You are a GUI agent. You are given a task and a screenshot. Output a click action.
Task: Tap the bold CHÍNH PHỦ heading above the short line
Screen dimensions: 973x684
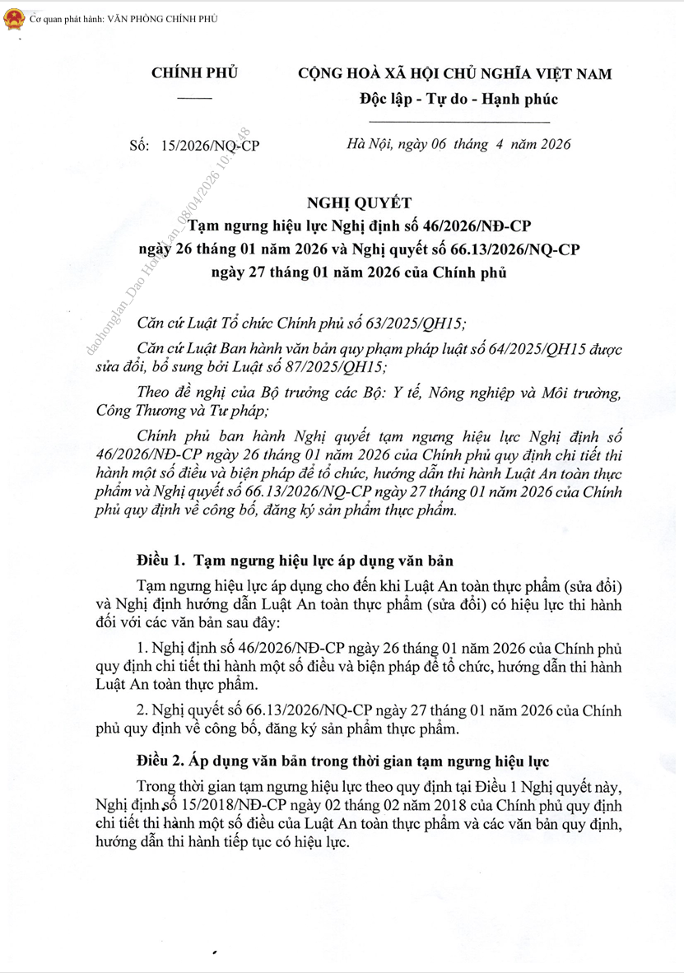tap(194, 73)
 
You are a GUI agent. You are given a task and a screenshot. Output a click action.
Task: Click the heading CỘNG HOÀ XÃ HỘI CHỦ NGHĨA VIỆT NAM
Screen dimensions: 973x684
tap(455, 74)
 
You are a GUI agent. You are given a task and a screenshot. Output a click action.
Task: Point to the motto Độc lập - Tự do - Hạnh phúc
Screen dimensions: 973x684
tap(458, 100)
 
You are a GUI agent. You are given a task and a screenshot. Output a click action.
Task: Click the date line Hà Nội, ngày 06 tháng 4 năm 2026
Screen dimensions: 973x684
tap(459, 144)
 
